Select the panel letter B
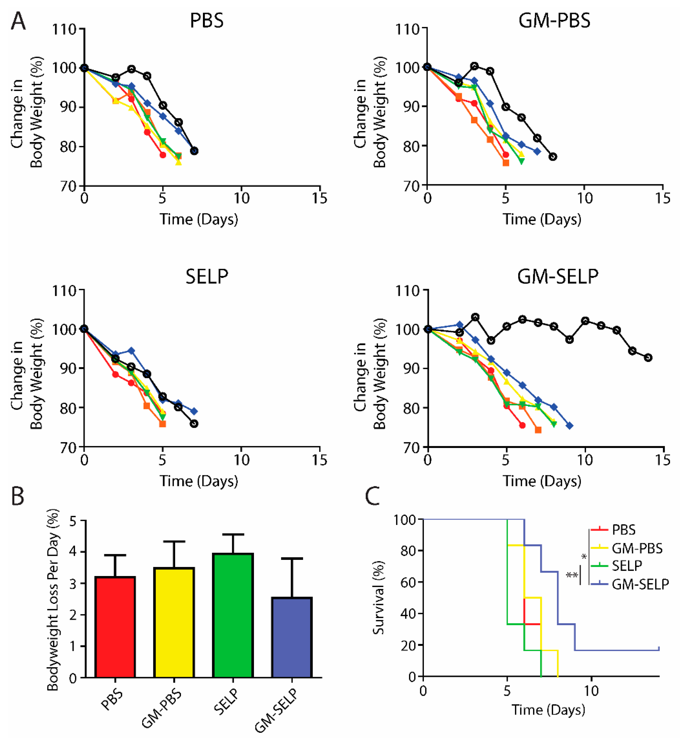(x=17, y=496)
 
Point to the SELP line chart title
(x=207, y=276)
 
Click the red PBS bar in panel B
(x=115, y=627)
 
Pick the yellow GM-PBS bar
(x=174, y=623)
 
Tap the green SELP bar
(x=233, y=615)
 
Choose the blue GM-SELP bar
(x=292, y=638)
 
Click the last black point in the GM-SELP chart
(x=648, y=357)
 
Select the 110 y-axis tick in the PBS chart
(x=64, y=29)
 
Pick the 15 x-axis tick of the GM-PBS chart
(x=662, y=199)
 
